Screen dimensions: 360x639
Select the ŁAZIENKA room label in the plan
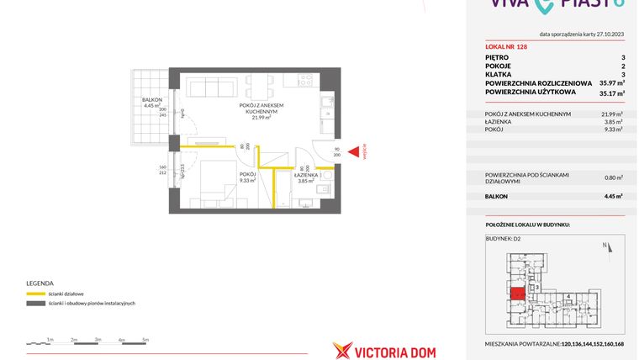[304, 175]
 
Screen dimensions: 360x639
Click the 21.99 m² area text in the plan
[261, 118]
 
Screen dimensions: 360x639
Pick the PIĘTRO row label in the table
[496, 58]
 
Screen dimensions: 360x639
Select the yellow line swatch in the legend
[36, 294]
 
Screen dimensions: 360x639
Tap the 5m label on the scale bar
[145, 339]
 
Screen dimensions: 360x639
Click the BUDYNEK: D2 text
[504, 239]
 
